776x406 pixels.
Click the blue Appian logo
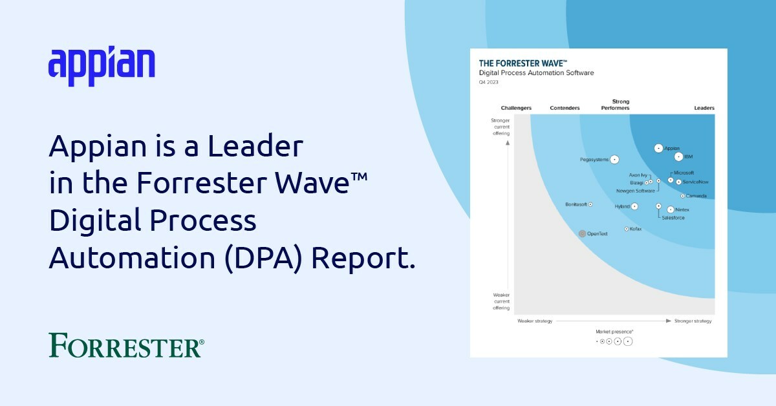tap(102, 65)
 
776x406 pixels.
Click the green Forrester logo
tap(126, 345)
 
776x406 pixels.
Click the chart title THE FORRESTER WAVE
tap(523, 63)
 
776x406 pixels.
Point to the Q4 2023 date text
tap(488, 82)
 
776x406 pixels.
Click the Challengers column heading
tap(516, 108)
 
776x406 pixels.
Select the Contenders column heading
tap(565, 108)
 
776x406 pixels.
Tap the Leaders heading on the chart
tap(704, 108)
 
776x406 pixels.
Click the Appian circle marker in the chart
tap(658, 148)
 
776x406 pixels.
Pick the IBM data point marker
tap(678, 156)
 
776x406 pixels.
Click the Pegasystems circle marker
tap(614, 159)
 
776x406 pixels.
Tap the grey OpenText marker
tap(582, 233)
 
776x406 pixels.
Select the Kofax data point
tap(626, 229)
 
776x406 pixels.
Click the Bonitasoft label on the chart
tap(576, 204)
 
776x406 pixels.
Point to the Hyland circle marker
tap(634, 206)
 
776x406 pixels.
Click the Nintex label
tap(682, 210)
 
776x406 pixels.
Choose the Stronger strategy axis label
tap(693, 321)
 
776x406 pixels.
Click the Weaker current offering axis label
tap(501, 301)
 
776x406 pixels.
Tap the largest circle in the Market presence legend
tap(627, 341)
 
